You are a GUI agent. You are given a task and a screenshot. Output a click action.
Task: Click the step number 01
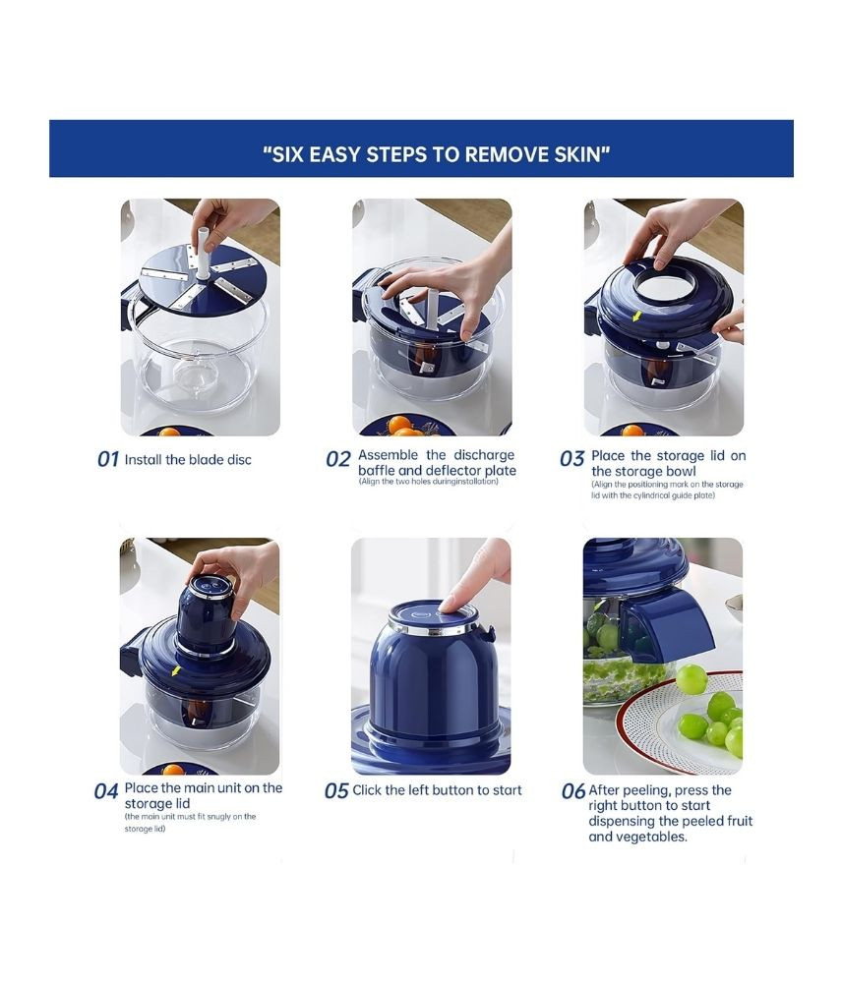(x=108, y=459)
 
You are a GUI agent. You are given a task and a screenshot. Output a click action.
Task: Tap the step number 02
(x=338, y=459)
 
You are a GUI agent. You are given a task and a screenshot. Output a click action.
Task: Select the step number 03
(x=572, y=459)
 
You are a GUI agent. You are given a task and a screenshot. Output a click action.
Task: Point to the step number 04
(x=106, y=791)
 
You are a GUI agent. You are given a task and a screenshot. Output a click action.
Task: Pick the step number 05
(x=336, y=791)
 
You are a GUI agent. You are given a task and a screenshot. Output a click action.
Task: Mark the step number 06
(x=573, y=791)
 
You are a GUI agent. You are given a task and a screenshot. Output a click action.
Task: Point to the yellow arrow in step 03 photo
(x=636, y=317)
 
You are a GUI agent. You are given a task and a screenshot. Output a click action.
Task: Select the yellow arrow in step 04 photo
(x=176, y=671)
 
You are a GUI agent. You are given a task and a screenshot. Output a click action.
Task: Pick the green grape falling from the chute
(x=692, y=679)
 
